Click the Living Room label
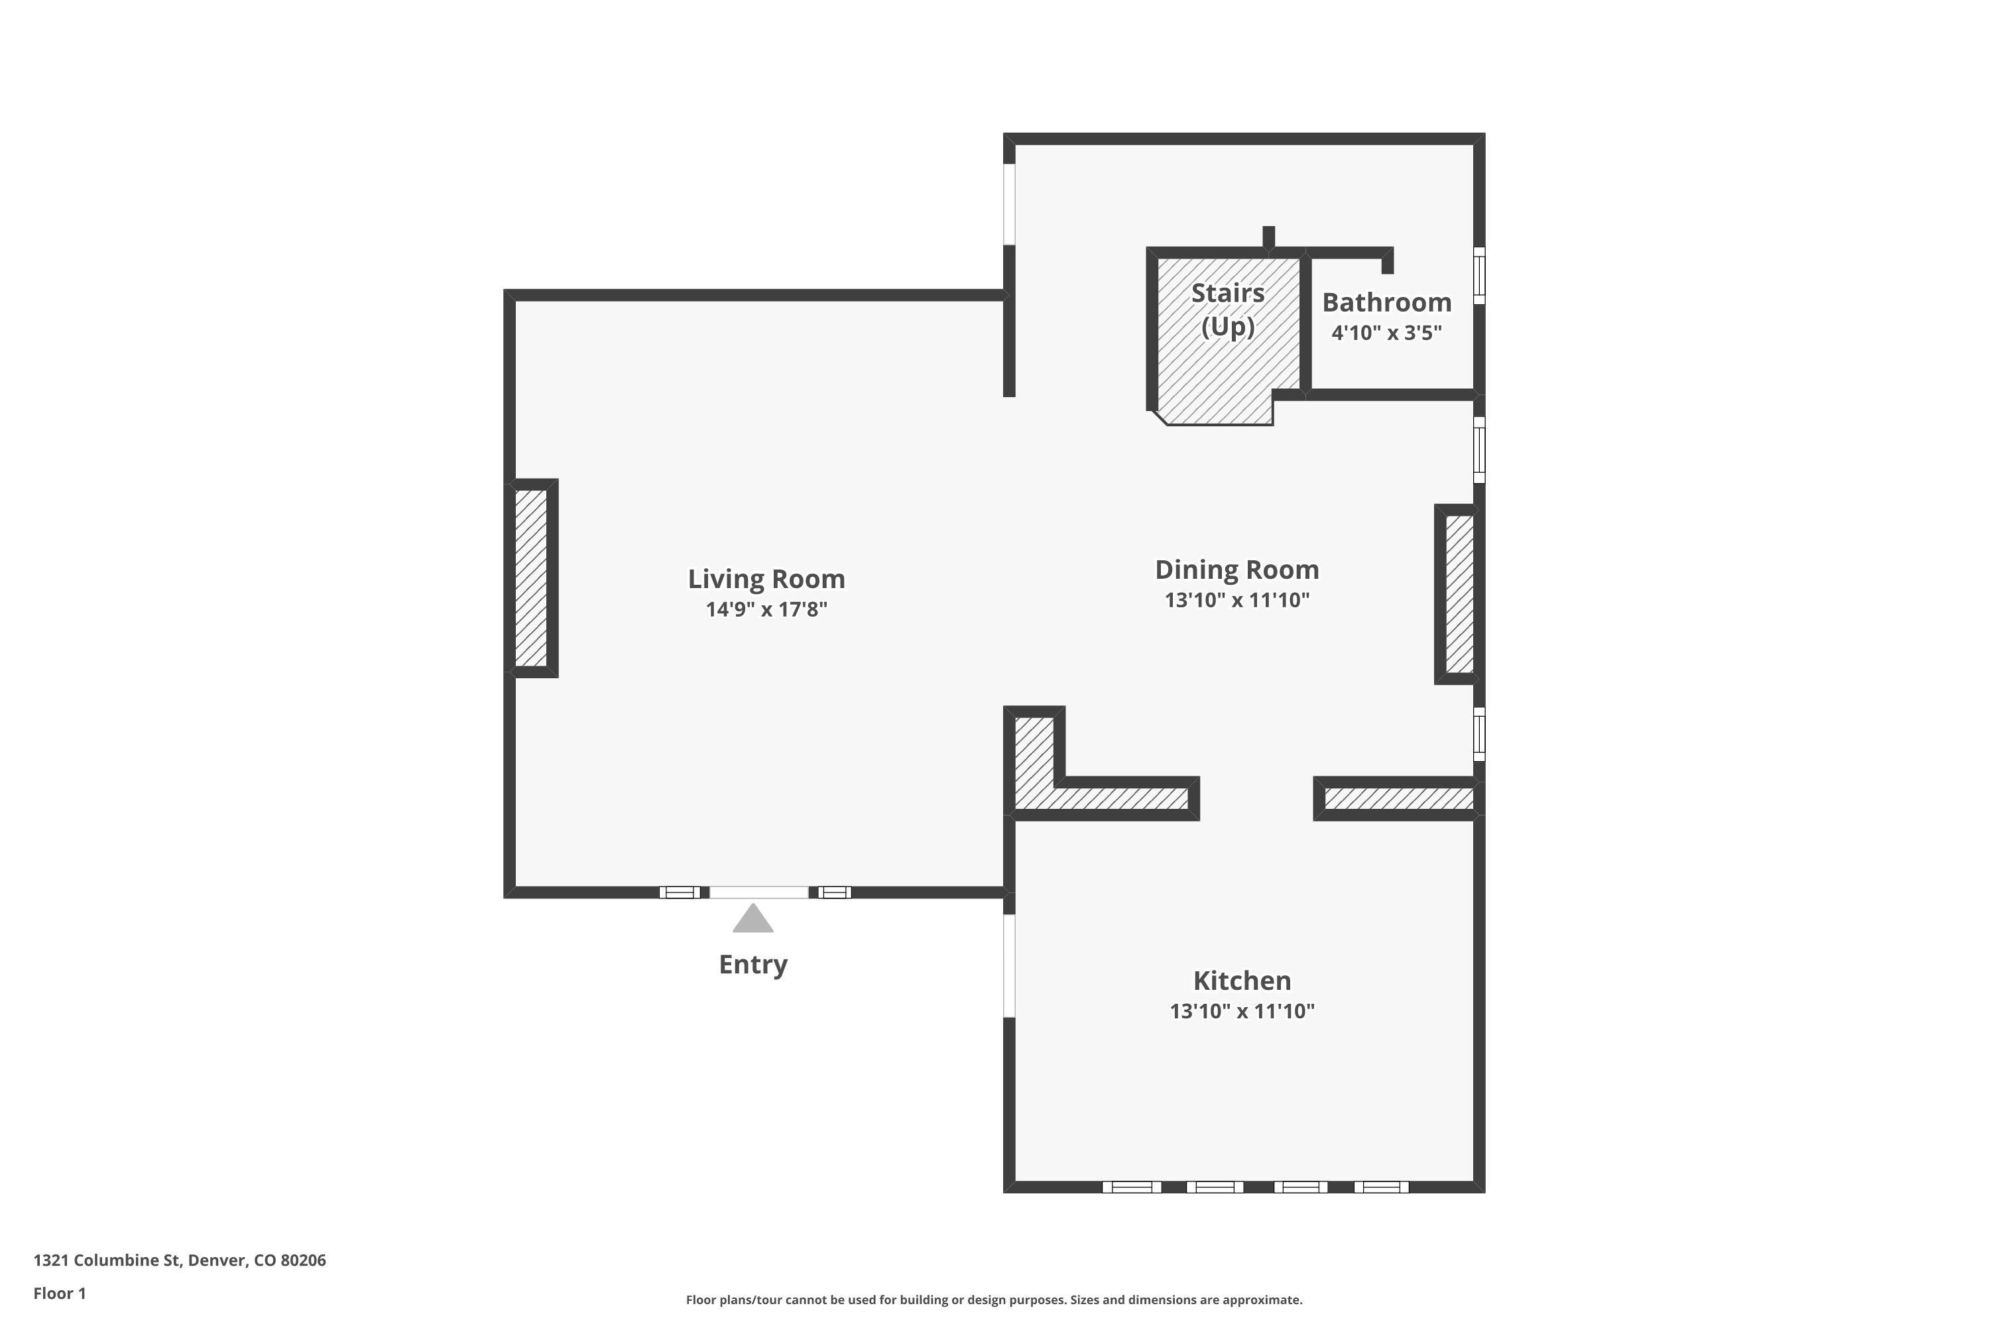tap(766, 579)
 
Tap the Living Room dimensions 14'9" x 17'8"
tap(766, 610)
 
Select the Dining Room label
tap(1236, 570)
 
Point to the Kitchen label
tap(1241, 981)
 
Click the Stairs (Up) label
tap(1227, 310)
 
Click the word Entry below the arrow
tap(753, 964)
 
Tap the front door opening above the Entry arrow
tap(758, 892)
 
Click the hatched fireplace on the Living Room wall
tap(531, 577)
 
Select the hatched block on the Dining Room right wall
tap(1459, 593)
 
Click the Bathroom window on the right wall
tap(1479, 275)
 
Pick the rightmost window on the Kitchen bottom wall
tap(1381, 1187)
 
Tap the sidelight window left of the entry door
tap(679, 892)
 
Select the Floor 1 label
tap(59, 1293)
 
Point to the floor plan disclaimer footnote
tap(994, 1299)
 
